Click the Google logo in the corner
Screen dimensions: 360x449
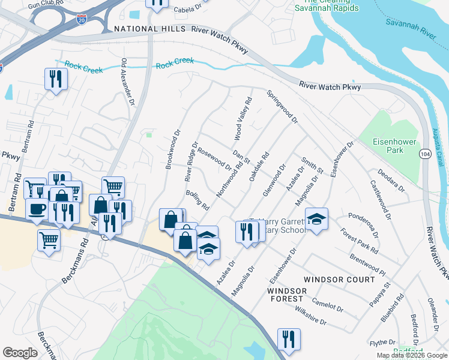[20, 353]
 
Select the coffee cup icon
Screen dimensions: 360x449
[37, 209]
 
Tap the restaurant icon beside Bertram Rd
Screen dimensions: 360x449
[56, 79]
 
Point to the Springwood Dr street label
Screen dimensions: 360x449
[282, 107]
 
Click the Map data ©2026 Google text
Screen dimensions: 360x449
[411, 355]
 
